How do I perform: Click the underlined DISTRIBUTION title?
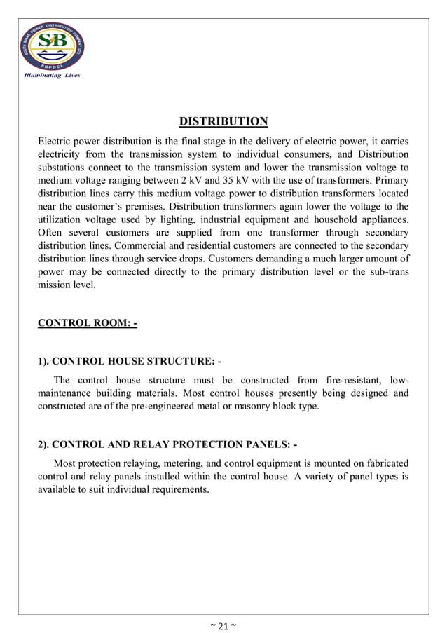pos(223,121)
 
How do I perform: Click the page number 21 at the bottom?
pos(224,625)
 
